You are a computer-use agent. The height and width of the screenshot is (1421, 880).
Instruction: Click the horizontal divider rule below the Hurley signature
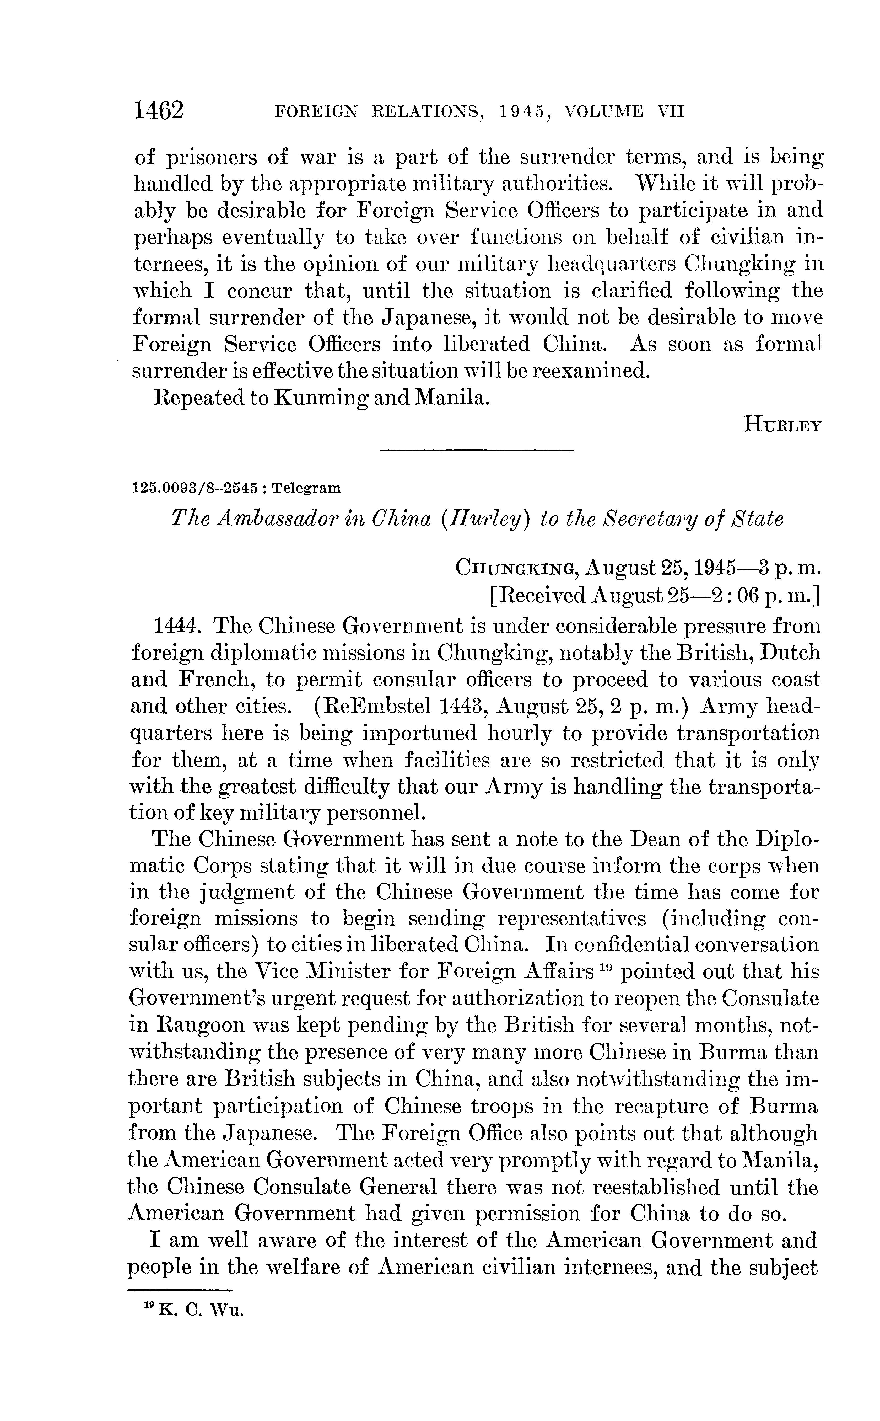476,450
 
